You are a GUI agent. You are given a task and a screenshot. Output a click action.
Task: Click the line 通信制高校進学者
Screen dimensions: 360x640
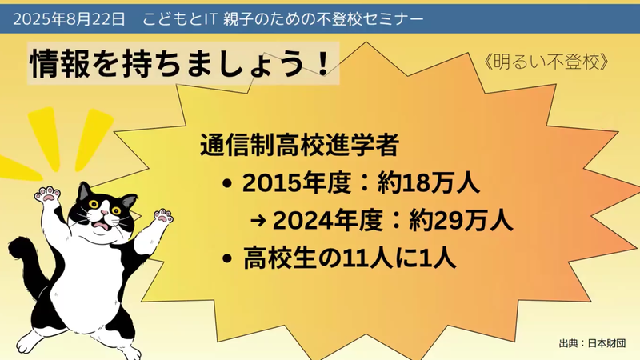299,147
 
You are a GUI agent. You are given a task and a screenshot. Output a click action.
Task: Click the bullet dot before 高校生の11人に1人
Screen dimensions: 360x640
230,259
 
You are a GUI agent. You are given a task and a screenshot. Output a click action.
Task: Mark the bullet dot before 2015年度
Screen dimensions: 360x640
230,185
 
